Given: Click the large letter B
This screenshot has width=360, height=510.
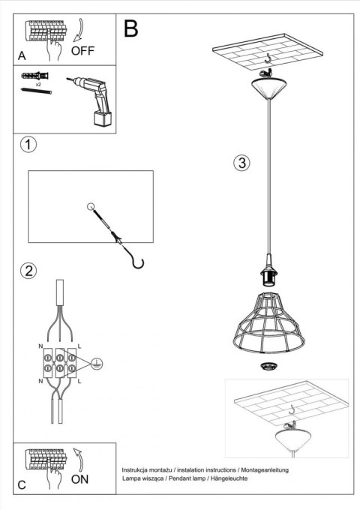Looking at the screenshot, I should (x=130, y=29).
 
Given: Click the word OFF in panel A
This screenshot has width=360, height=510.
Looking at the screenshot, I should (x=84, y=52).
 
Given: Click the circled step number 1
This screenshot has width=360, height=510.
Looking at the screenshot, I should (x=28, y=145).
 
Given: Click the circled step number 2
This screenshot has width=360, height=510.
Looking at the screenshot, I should (x=28, y=271).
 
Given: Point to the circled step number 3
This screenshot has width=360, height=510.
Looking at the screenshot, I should (x=241, y=163).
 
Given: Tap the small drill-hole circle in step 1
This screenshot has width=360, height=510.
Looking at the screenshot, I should (x=91, y=206).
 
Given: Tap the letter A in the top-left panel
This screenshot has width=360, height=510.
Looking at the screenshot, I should (x=22, y=56).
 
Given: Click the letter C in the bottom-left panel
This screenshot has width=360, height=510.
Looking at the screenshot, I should (x=22, y=485).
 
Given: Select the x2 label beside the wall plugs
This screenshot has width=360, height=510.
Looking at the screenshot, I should (x=37, y=85).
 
